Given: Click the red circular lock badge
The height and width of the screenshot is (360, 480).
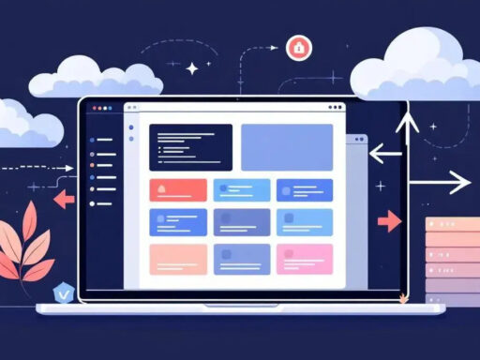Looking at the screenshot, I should (x=296, y=46).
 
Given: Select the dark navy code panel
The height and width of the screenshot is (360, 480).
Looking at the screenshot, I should (x=190, y=147).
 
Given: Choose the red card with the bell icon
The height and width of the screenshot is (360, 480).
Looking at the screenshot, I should (x=178, y=189).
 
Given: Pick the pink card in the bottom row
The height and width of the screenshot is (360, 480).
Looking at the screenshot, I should (x=305, y=258).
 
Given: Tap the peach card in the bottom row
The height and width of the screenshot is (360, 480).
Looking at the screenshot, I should (x=178, y=259).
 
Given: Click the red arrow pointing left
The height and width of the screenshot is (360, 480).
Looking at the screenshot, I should (x=63, y=198).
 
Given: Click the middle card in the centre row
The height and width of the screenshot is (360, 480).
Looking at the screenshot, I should (x=242, y=222).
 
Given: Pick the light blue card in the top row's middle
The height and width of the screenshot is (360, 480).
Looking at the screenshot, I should (x=241, y=189).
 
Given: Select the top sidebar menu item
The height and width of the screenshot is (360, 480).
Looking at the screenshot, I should (x=102, y=142).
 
